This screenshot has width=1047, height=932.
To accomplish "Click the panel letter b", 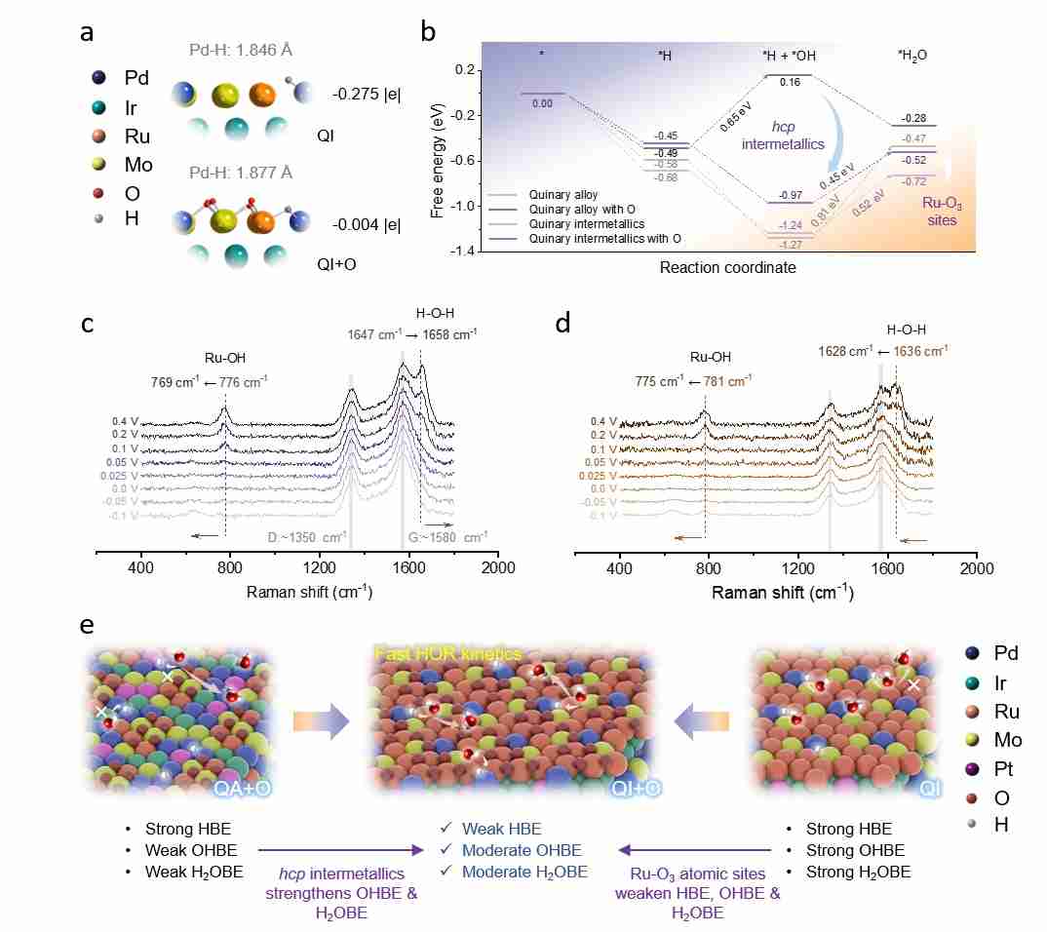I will [x=428, y=32].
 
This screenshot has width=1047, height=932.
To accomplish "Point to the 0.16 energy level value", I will [x=790, y=83].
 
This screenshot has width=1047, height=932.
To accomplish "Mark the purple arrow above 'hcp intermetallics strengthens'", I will [x=340, y=849].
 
